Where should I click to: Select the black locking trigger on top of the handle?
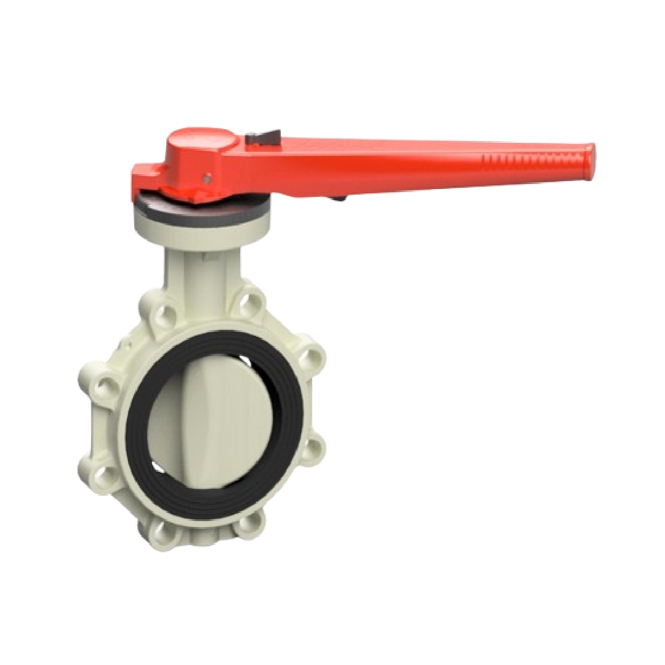tap(263, 137)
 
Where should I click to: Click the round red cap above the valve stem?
tap(200, 143)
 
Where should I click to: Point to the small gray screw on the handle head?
tap(208, 178)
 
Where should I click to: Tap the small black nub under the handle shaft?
tap(337, 198)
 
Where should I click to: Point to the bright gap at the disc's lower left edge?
tap(158, 469)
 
